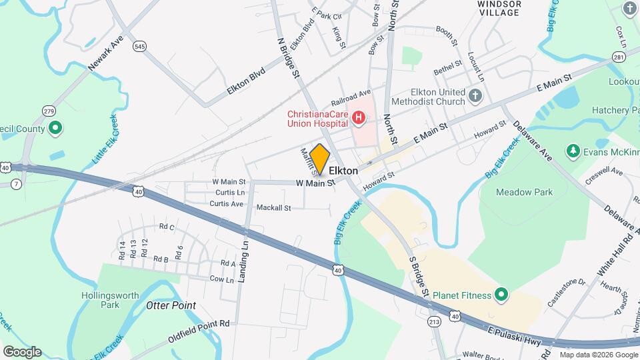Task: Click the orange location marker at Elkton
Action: tap(320, 159)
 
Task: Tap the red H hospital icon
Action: tap(359, 119)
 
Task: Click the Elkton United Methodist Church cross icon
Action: tap(475, 96)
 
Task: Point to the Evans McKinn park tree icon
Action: tap(572, 151)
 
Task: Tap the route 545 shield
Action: tap(139, 46)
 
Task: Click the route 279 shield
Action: tap(48, 110)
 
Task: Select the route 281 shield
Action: tap(619, 57)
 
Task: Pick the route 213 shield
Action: tap(435, 322)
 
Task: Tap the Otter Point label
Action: tap(171, 305)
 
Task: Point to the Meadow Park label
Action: tap(525, 192)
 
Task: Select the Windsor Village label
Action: tap(498, 8)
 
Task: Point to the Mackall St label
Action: tap(273, 208)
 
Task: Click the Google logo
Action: tap(21, 352)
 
